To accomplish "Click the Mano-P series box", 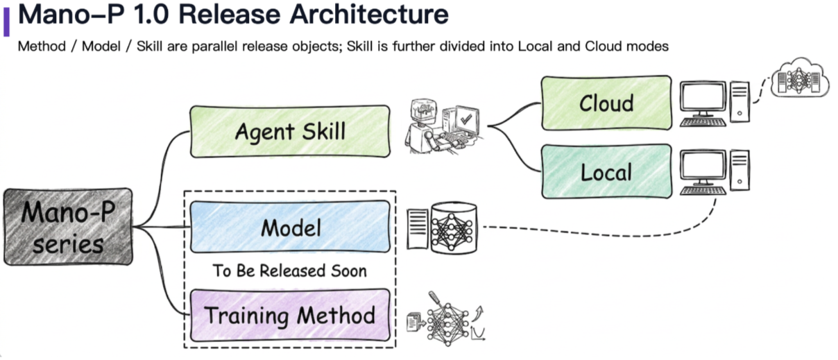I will click(67, 226).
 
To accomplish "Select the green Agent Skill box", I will click(289, 131).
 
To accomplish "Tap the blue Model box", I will click(289, 227).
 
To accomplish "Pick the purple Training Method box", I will click(289, 316).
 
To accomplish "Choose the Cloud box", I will click(606, 103).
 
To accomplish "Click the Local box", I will click(606, 171).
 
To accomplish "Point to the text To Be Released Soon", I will click(289, 271).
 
